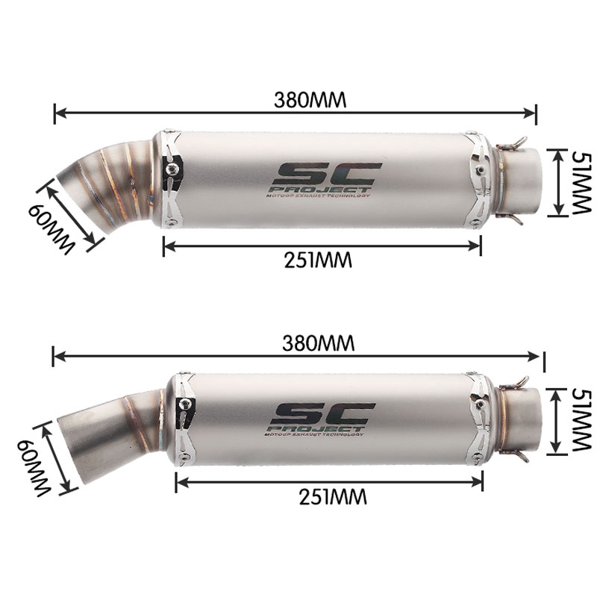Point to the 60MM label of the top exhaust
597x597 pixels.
pyautogui.click(x=53, y=226)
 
